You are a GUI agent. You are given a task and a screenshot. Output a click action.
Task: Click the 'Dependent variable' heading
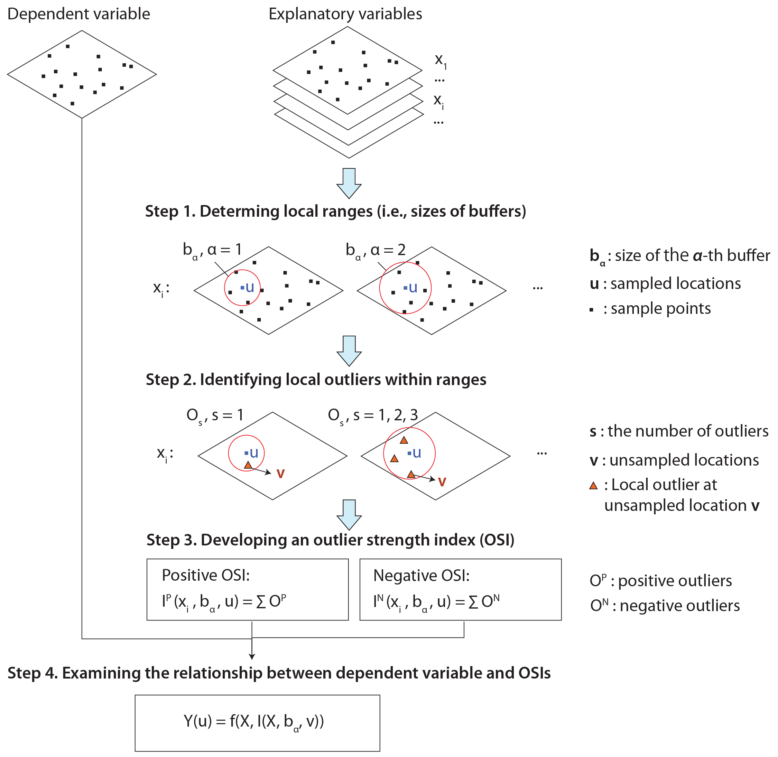click(79, 14)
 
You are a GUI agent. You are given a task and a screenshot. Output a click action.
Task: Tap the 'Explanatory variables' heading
click(345, 14)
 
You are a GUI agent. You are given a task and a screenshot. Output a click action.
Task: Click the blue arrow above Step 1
click(349, 183)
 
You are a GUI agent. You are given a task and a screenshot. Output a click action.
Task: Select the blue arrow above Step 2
click(349, 351)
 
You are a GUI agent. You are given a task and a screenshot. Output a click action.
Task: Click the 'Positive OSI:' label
click(206, 575)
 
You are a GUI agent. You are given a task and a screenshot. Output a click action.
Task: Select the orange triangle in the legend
click(593, 485)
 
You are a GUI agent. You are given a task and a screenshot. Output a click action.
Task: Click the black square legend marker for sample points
click(592, 310)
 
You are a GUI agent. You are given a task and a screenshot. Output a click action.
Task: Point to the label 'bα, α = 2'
click(376, 250)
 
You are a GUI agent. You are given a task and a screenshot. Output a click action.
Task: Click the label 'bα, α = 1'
click(212, 250)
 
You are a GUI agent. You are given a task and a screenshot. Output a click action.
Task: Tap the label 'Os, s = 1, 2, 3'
click(373, 415)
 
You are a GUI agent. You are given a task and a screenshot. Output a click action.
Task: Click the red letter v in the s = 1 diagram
click(280, 474)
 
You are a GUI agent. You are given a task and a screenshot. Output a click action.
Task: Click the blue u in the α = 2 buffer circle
click(413, 288)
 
